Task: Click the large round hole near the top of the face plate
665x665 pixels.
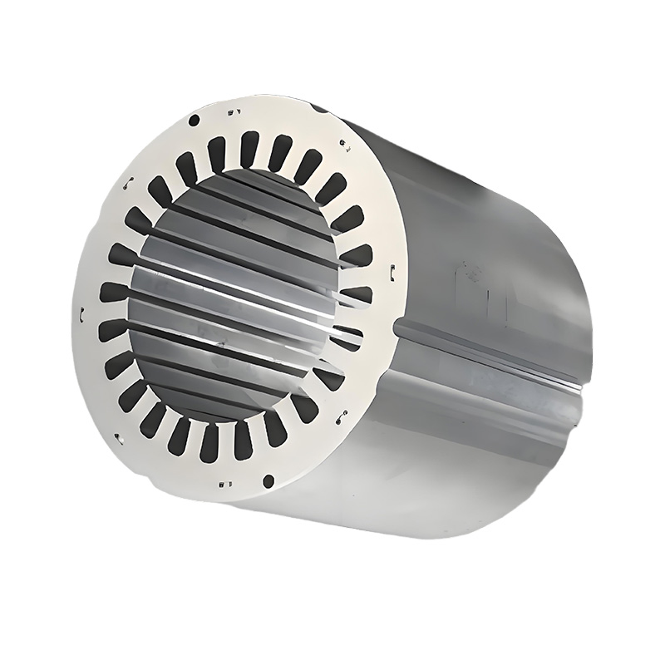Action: [x=195, y=121]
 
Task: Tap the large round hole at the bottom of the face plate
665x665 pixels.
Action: [x=267, y=480]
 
